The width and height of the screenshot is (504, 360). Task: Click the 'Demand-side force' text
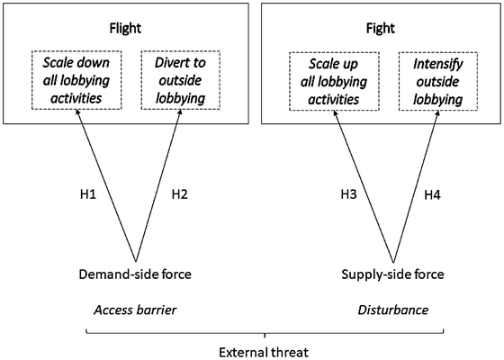coord(134,274)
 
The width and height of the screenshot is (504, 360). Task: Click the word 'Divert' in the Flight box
coord(164,66)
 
